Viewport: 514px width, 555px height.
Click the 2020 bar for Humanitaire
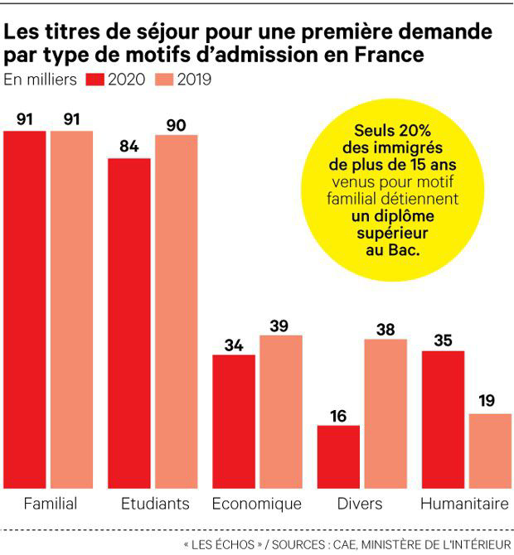442,418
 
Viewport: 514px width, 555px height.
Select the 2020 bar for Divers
338,456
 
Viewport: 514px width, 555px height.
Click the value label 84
128,146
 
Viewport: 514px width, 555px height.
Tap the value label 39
279,325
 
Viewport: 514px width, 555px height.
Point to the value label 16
338,414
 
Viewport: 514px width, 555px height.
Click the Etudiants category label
155,504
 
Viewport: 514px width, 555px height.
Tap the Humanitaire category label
463,504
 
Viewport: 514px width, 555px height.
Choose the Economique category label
256,504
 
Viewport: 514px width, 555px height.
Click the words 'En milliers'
40,80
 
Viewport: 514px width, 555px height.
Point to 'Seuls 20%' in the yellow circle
390,133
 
